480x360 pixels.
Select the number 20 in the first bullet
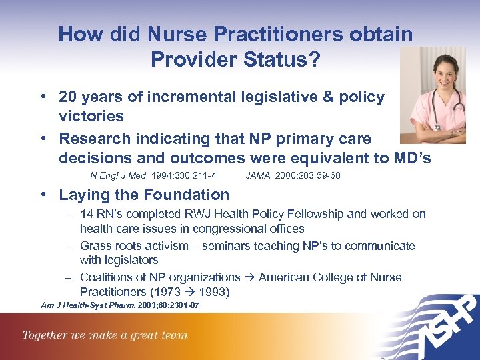click(67, 97)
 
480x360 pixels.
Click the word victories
click(91, 117)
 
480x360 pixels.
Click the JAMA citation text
click(293, 176)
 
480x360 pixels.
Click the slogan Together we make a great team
click(105, 335)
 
